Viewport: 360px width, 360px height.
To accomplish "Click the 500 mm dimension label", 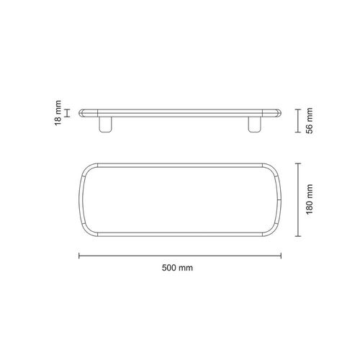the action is (177, 268).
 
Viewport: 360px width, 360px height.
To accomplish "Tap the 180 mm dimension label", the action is (310, 199).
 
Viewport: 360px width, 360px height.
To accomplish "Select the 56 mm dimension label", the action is (310, 121).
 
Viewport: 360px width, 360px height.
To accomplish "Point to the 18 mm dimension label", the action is (58, 113).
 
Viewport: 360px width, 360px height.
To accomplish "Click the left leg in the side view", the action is (105, 124).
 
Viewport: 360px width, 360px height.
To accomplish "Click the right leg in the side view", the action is (255, 124).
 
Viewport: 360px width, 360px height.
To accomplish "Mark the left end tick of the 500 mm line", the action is (79, 256).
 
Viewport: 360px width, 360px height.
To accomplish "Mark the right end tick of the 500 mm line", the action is (281, 256).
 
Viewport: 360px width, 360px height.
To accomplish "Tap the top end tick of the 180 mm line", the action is (298, 163).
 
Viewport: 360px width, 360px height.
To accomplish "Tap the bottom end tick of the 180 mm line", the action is (298, 236).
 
